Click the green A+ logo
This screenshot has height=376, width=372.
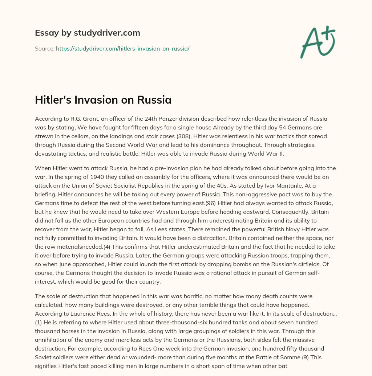317,41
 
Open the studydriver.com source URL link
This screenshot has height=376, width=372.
122,48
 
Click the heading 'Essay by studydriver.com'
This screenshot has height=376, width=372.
87,33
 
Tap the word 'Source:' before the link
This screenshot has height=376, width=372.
44,48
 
